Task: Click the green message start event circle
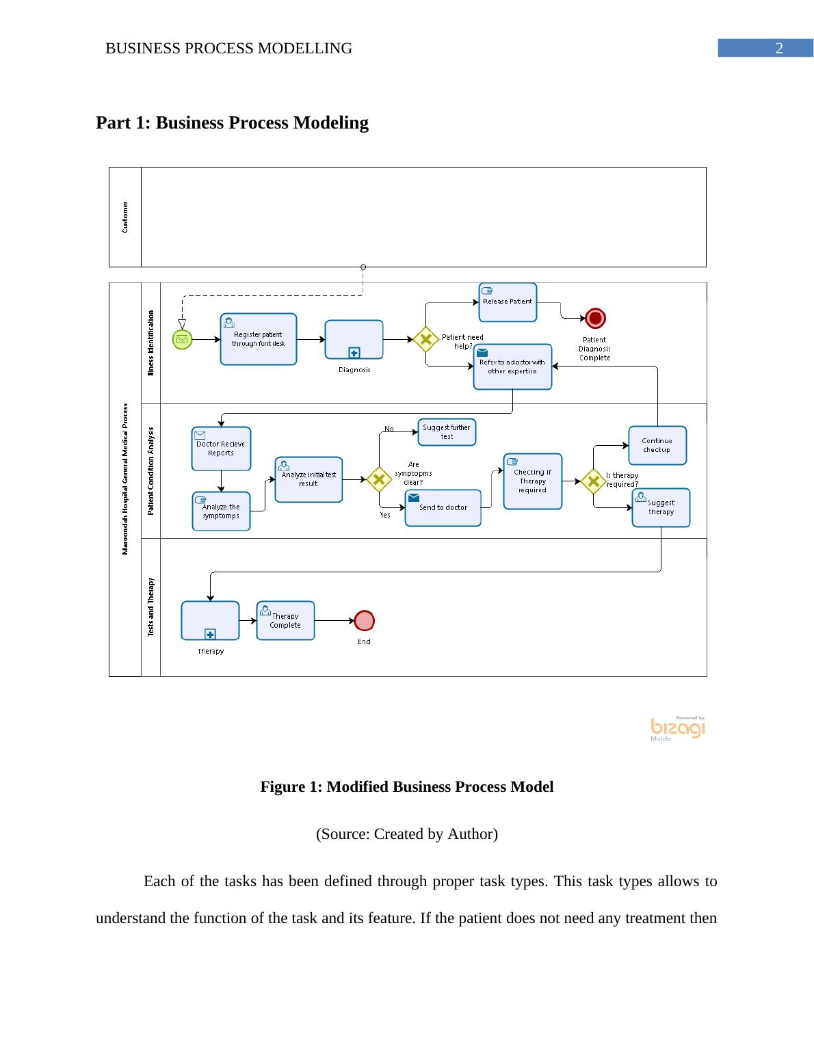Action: pyautogui.click(x=182, y=339)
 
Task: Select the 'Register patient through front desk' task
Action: pyautogui.click(x=259, y=339)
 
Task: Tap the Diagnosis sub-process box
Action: pyautogui.click(x=354, y=339)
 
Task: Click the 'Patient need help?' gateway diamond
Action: pyautogui.click(x=425, y=339)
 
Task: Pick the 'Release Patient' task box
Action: pyautogui.click(x=508, y=302)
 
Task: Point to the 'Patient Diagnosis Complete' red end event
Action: pyautogui.click(x=595, y=319)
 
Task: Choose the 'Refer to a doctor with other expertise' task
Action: pyautogui.click(x=512, y=366)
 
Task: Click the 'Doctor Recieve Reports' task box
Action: pyautogui.click(x=221, y=449)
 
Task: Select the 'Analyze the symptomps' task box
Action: pyautogui.click(x=221, y=511)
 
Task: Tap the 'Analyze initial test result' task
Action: pyautogui.click(x=308, y=479)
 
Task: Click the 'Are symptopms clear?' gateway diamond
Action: pyautogui.click(x=378, y=479)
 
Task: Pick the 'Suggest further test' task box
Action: pyautogui.click(x=447, y=432)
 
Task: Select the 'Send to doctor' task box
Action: pyautogui.click(x=443, y=507)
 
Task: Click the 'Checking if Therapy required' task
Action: pyautogui.click(x=532, y=481)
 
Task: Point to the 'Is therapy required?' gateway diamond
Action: pyautogui.click(x=593, y=481)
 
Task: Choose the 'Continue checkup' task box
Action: pyautogui.click(x=657, y=446)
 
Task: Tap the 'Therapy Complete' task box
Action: pyautogui.click(x=285, y=621)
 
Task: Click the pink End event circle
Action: pyautogui.click(x=365, y=621)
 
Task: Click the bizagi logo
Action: pyautogui.click(x=677, y=729)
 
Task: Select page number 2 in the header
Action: pyautogui.click(x=778, y=49)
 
